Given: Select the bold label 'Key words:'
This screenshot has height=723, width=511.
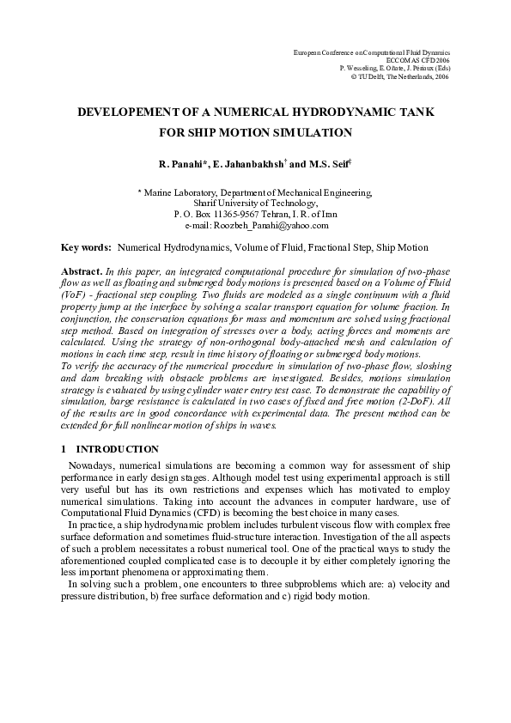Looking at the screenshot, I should pos(86,247).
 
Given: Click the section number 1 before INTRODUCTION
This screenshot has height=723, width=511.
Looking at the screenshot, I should pos(64,449).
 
